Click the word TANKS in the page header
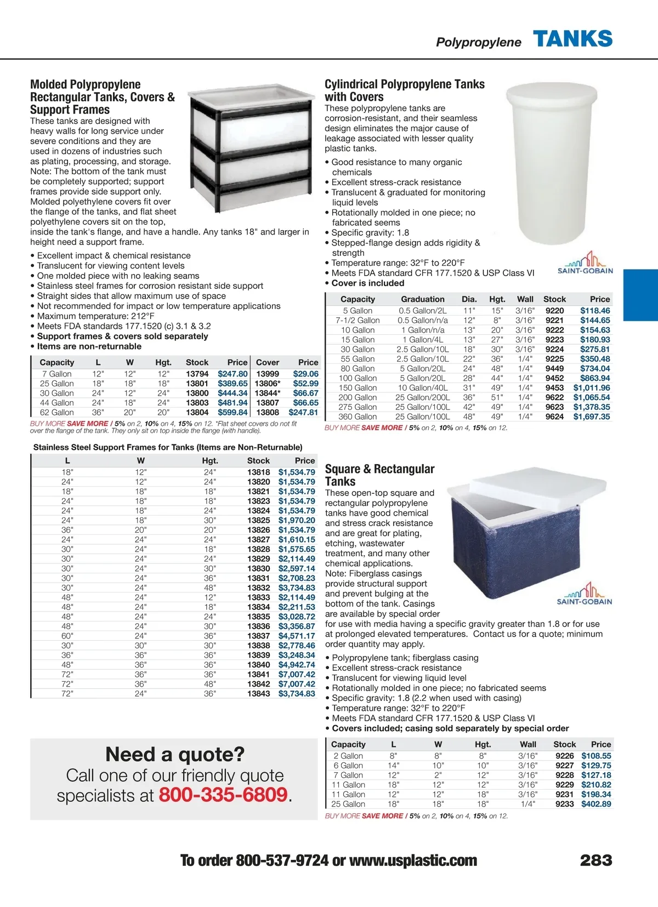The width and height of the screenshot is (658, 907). coord(572,39)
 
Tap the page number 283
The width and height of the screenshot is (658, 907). coord(596,860)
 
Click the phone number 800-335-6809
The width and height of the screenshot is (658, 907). coord(223,795)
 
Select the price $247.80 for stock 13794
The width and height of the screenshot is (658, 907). coord(232,374)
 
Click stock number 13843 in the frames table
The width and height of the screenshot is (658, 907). coord(258,693)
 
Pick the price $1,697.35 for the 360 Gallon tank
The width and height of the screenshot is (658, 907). coord(592,417)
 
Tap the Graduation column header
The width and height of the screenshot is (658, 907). coord(422,299)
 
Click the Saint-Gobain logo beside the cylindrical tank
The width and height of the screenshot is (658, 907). coord(585,264)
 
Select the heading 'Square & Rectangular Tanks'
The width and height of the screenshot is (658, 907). coord(379,475)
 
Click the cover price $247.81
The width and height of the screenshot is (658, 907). coord(303,412)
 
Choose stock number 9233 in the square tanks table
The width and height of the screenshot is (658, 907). coord(564,804)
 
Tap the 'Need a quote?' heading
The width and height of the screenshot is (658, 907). coord(175,755)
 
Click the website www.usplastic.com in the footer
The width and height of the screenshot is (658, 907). coord(413,860)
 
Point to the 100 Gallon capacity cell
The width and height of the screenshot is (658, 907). coord(358,378)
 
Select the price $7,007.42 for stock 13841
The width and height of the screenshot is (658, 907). coord(297,674)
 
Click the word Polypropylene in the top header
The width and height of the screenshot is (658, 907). coord(478,42)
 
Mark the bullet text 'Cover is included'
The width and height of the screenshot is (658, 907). coord(367,283)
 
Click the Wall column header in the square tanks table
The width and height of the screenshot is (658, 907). coord(527,744)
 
